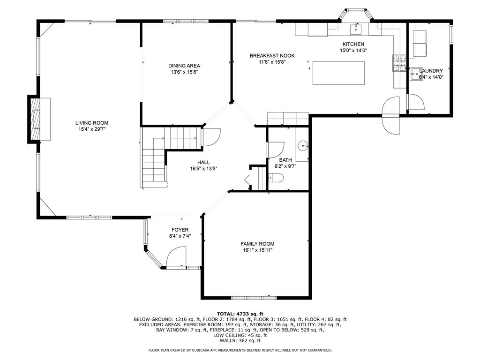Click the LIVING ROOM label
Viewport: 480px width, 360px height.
tap(92, 123)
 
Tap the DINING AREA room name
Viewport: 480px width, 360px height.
tap(184, 66)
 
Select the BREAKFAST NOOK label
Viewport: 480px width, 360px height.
tap(272, 55)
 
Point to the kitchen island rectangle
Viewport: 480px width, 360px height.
tap(338, 73)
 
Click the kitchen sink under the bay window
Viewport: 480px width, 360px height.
tap(356, 29)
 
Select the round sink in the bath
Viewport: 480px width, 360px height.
tap(303, 145)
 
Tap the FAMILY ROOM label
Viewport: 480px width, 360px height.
tap(257, 244)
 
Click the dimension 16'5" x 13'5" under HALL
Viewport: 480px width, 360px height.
tap(203, 168)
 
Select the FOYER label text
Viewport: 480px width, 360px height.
tap(180, 230)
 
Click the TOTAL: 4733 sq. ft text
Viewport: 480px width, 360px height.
tap(240, 314)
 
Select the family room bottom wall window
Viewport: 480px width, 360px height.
tap(254, 298)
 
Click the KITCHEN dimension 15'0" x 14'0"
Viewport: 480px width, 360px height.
tap(353, 51)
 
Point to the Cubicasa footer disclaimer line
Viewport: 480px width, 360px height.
tap(240, 350)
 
